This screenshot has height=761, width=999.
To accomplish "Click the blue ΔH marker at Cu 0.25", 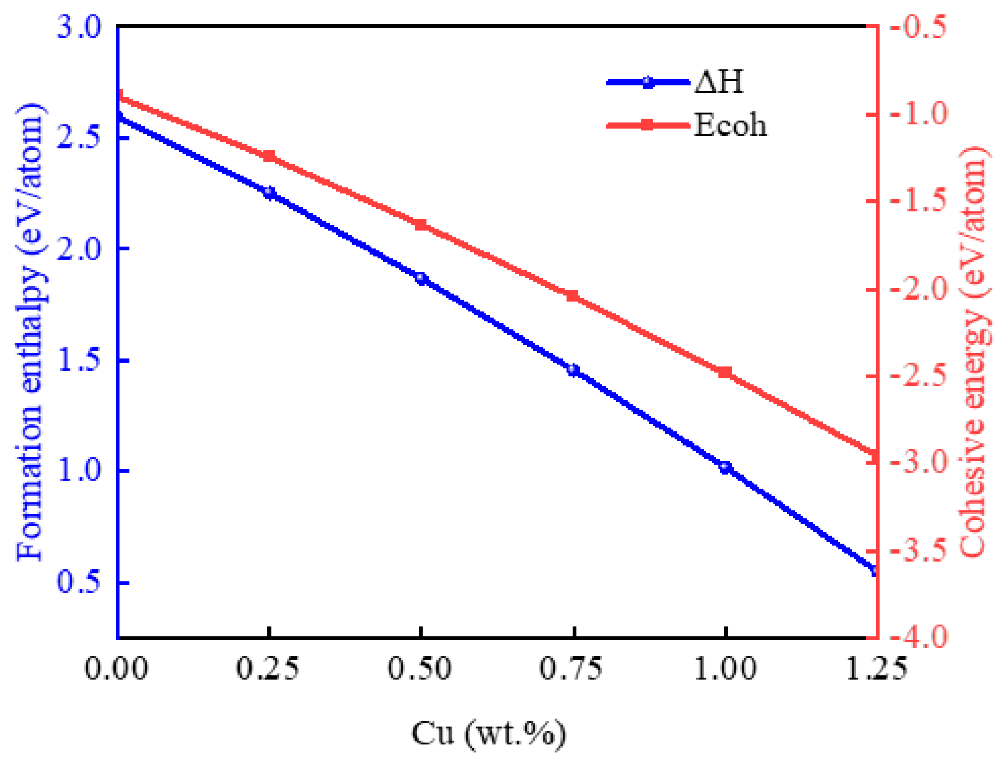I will click(x=269, y=194).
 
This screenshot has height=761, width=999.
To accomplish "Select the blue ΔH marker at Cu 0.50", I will click(x=421, y=279).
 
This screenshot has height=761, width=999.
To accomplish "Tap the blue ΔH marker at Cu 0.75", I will click(x=574, y=371).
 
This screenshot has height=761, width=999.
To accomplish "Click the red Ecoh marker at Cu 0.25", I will click(x=269, y=156).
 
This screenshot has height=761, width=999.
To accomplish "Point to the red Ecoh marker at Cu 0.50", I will click(x=421, y=225).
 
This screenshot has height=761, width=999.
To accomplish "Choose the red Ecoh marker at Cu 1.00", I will click(x=725, y=373).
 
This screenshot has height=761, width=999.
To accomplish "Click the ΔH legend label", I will click(x=719, y=82).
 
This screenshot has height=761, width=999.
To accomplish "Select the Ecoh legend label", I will click(x=730, y=125).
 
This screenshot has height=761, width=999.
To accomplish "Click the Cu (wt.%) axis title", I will click(x=488, y=734).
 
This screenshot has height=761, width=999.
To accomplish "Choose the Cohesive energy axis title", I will click(x=975, y=352).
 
